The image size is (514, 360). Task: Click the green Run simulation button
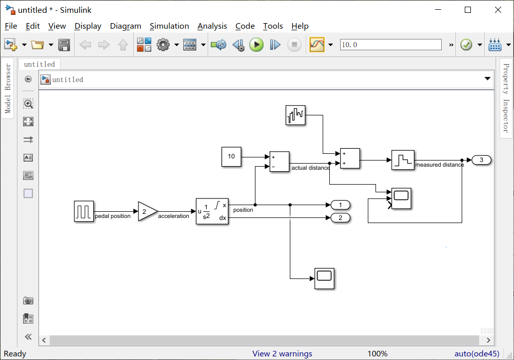tap(256, 45)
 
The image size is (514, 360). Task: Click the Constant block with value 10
tap(231, 156)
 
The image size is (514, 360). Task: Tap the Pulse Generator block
tap(84, 211)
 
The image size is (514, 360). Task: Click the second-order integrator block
tap(212, 211)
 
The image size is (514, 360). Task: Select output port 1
tap(340, 205)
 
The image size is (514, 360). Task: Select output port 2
tap(340, 218)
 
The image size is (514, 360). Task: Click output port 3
tap(481, 160)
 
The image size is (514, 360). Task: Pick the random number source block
tap(295, 115)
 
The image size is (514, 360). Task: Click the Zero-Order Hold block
tap(403, 160)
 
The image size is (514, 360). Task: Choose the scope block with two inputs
tap(401, 198)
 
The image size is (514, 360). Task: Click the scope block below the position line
tap(324, 278)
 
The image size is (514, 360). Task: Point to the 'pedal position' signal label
tap(113, 216)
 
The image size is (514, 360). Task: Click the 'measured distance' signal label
tap(440, 165)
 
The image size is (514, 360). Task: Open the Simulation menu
tap(169, 26)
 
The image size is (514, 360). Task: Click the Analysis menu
tap(212, 26)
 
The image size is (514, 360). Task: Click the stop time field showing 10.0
tap(390, 45)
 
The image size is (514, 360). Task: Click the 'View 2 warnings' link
tap(282, 353)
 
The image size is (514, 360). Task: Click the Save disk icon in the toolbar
tap(64, 45)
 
